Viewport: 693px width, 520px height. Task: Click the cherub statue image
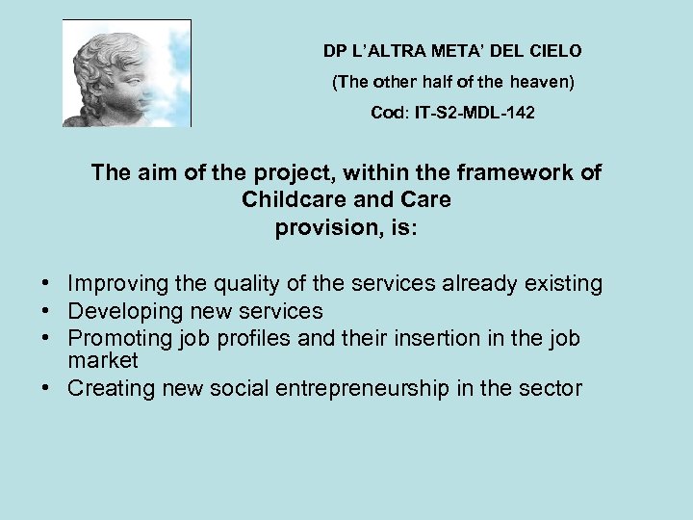click(126, 73)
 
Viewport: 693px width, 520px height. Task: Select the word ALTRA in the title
click(395, 49)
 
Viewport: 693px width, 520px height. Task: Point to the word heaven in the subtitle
click(544, 82)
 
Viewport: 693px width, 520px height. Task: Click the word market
click(103, 361)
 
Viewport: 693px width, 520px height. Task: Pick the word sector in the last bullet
click(551, 389)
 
